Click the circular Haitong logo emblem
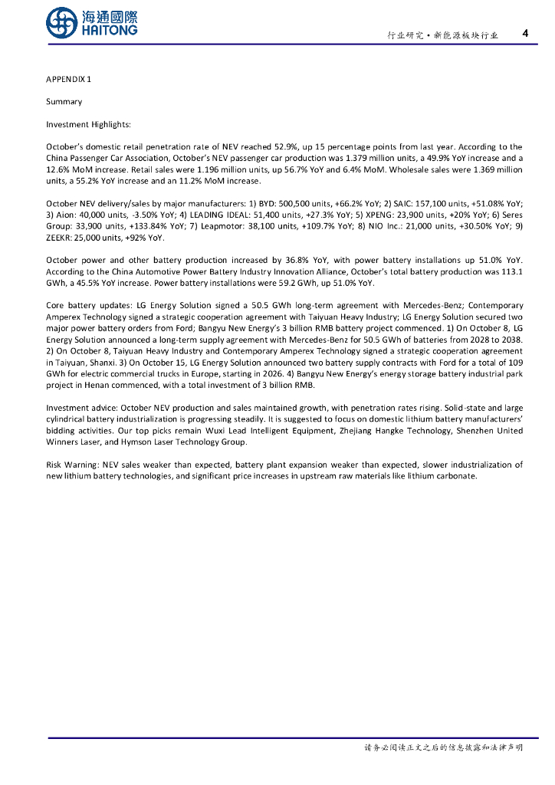61,23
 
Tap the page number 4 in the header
524,34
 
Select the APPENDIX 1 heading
68,80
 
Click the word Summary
64,102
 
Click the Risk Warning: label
73,465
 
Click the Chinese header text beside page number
442,35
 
